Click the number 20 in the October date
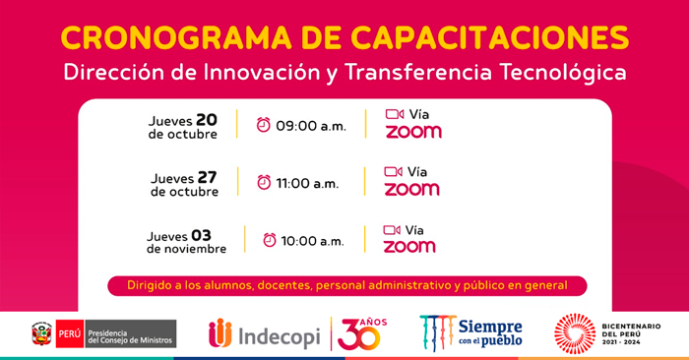pos(206,119)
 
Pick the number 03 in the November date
pos(201,234)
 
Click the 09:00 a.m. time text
pos(311,127)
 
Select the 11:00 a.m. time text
pos(307,184)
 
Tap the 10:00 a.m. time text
pos(313,242)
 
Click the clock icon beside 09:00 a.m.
pos(264,125)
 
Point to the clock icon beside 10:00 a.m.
pos(269,240)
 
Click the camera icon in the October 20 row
pos(395,114)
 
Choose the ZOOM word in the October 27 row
pos(411,189)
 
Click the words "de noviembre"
pos(187,250)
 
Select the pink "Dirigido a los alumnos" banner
pos(346,286)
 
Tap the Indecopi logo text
pos(278,335)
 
